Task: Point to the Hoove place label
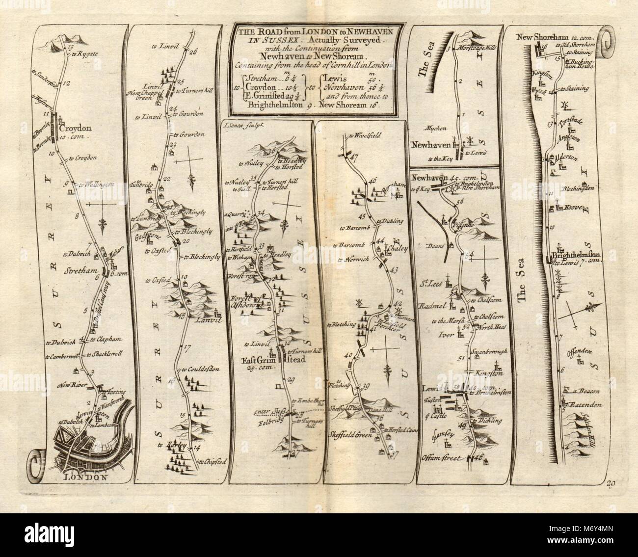[572, 208]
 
